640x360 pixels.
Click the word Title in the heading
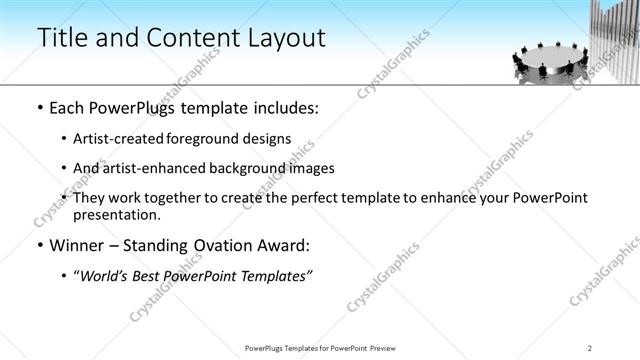61,38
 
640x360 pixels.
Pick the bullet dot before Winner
40,246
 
